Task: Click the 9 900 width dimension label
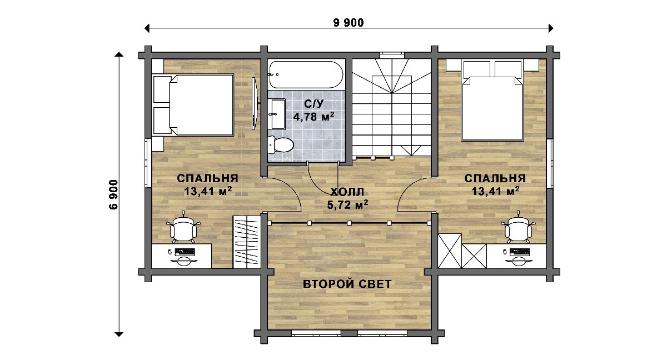[x=349, y=23]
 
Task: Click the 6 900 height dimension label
[x=114, y=195]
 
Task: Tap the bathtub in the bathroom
[x=306, y=74]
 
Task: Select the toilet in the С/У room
[x=281, y=145]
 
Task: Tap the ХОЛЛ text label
[x=347, y=192]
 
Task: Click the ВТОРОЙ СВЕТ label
[x=347, y=284]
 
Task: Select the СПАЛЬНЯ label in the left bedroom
[x=207, y=178]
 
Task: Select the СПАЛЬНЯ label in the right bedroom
[x=495, y=178]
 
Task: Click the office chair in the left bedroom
[x=183, y=228]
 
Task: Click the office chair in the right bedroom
[x=518, y=228]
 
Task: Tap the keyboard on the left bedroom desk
[x=185, y=252]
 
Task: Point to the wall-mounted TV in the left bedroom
[x=255, y=103]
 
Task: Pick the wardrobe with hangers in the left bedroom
[x=247, y=242]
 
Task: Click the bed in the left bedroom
[x=193, y=105]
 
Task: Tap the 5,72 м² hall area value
[x=347, y=204]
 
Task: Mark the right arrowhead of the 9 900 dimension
[x=551, y=28]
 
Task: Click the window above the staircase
[x=392, y=56]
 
